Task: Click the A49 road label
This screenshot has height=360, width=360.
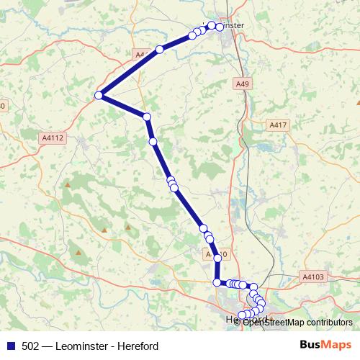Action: coord(243,84)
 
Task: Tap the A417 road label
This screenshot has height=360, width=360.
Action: coord(278,125)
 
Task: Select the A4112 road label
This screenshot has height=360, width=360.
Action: coord(53,138)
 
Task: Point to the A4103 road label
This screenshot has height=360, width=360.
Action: coord(313,276)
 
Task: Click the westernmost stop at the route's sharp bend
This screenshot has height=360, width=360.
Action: coord(99,95)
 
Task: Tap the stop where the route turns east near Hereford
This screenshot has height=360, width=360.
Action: coord(217,282)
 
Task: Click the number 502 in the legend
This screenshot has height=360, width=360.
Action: coord(30,346)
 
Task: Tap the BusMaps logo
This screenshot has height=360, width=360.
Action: coord(325,345)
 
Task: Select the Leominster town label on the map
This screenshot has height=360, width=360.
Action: coord(232,25)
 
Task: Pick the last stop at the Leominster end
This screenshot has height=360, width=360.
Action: coord(220,26)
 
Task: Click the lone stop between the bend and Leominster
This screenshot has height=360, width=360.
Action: coord(160,50)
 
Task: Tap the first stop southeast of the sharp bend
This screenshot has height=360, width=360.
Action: coord(147,117)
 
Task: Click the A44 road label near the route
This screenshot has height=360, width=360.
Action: coord(141,55)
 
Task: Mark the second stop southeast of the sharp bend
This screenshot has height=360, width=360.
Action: coord(153,141)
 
